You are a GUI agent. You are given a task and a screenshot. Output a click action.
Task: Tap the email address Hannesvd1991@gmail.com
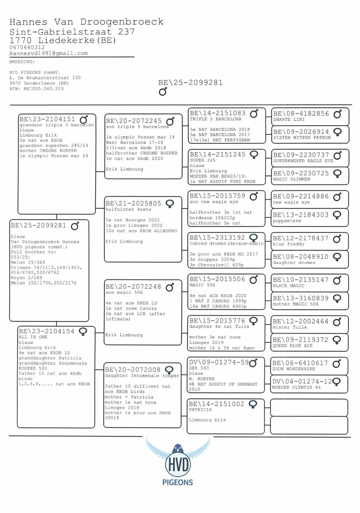tap(49, 53)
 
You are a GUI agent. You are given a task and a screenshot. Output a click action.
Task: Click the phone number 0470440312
tap(27, 47)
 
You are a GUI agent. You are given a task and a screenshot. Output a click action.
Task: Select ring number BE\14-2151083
tap(218, 113)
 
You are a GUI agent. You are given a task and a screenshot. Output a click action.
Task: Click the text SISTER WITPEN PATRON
tap(302, 138)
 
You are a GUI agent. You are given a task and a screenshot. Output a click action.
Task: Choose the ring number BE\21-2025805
tap(133, 204)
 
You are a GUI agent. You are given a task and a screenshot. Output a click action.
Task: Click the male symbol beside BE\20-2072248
tap(170, 287)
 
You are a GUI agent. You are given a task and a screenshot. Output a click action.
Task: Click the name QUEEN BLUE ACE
tap(292, 346)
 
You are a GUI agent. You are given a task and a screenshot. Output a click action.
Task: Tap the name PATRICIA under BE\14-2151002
tap(200, 410)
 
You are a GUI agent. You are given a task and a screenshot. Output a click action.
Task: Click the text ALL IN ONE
tap(33, 337)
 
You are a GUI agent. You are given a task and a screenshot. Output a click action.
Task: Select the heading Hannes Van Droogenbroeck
tap(86, 22)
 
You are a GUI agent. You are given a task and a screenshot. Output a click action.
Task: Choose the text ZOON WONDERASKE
tap(294, 369)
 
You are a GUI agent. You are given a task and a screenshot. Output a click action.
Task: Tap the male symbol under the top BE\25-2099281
tap(163, 92)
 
